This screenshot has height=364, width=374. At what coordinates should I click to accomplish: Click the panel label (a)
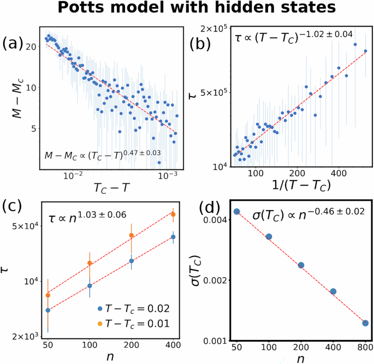[x=15, y=43]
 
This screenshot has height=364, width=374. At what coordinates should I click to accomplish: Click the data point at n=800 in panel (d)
[x=365, y=323]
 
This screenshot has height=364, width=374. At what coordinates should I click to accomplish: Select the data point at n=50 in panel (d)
[x=236, y=211]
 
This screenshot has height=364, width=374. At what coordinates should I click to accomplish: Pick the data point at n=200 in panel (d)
[x=301, y=265]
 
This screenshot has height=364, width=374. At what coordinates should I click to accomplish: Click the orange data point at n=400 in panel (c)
[x=174, y=214]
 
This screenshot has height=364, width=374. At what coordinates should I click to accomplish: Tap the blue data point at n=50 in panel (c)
[x=48, y=310]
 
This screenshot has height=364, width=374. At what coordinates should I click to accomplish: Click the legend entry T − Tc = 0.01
[x=132, y=324]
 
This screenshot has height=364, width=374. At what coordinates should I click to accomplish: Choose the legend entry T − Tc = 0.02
[x=132, y=308]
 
